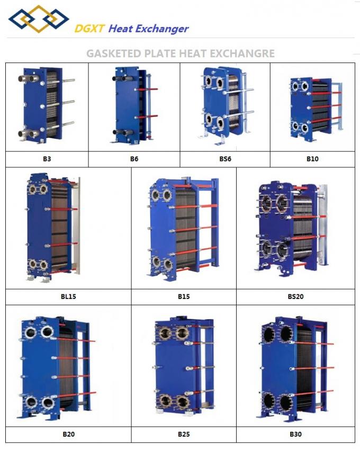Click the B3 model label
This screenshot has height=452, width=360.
[47, 159]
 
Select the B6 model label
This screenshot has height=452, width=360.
[134, 159]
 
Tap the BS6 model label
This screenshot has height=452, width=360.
[225, 159]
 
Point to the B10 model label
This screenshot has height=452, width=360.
[312, 159]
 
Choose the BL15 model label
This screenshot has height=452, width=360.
[68, 296]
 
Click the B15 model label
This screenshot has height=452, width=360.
[184, 296]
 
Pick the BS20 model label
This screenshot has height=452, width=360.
[295, 296]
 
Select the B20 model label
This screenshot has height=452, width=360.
[69, 434]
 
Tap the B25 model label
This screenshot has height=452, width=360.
[184, 434]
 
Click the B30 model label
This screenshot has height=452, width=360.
[295, 434]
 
